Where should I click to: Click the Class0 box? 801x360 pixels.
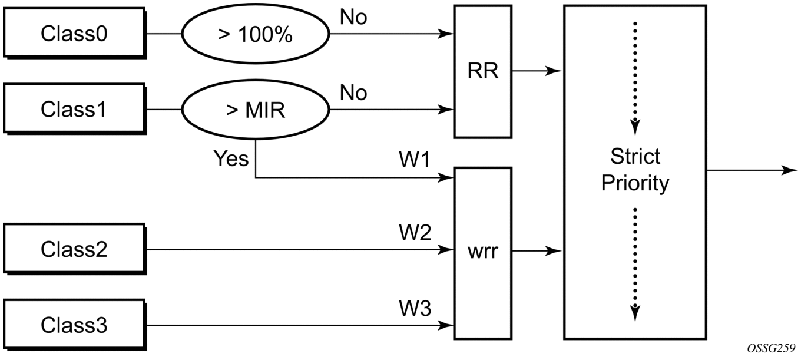(x=74, y=34)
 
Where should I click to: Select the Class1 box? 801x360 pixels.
(x=74, y=110)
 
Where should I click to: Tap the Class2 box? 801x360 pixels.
(x=74, y=249)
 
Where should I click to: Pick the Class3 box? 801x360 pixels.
(x=74, y=325)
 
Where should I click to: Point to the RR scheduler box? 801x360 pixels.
(x=482, y=71)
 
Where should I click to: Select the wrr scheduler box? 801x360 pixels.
(x=482, y=252)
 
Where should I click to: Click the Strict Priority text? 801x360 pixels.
(x=635, y=170)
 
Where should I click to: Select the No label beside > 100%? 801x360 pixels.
(x=353, y=18)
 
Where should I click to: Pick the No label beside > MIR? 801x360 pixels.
(x=353, y=93)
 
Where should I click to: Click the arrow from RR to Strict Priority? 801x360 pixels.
(x=537, y=71)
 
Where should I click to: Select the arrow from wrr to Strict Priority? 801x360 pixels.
(x=537, y=252)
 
